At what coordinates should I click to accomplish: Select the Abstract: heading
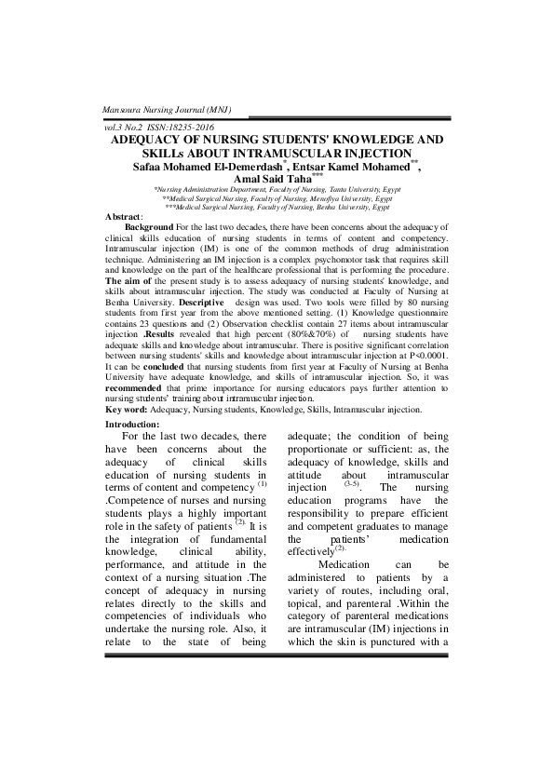point(125,216)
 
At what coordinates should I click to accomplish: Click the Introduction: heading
point(134,424)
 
